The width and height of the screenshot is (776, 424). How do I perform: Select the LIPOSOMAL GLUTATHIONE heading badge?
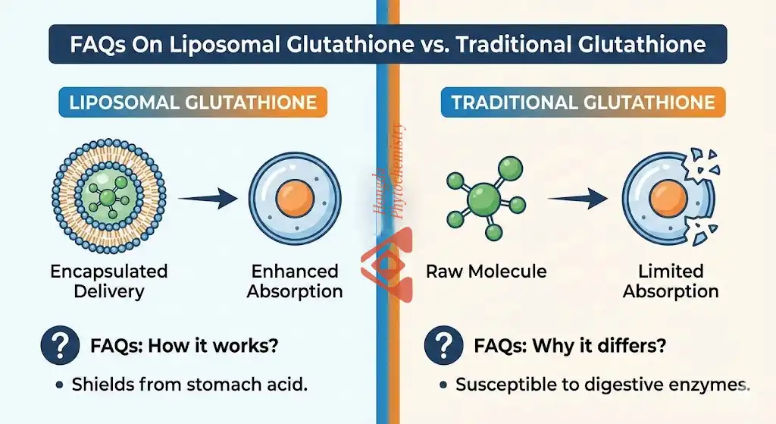tap(192, 102)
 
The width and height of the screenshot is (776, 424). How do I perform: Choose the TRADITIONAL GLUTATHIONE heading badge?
tap(583, 102)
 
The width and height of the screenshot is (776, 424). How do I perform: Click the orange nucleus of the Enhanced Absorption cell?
tap(295, 197)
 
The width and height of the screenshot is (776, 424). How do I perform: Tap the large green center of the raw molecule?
tap(483, 201)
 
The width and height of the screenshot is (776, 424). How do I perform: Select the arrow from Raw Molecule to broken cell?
tap(577, 199)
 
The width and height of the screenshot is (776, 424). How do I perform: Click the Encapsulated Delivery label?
tap(109, 281)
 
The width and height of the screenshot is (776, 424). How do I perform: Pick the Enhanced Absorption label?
tap(295, 281)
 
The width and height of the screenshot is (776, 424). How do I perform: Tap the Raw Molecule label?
tap(487, 271)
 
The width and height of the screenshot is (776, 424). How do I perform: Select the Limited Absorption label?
tap(671, 281)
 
